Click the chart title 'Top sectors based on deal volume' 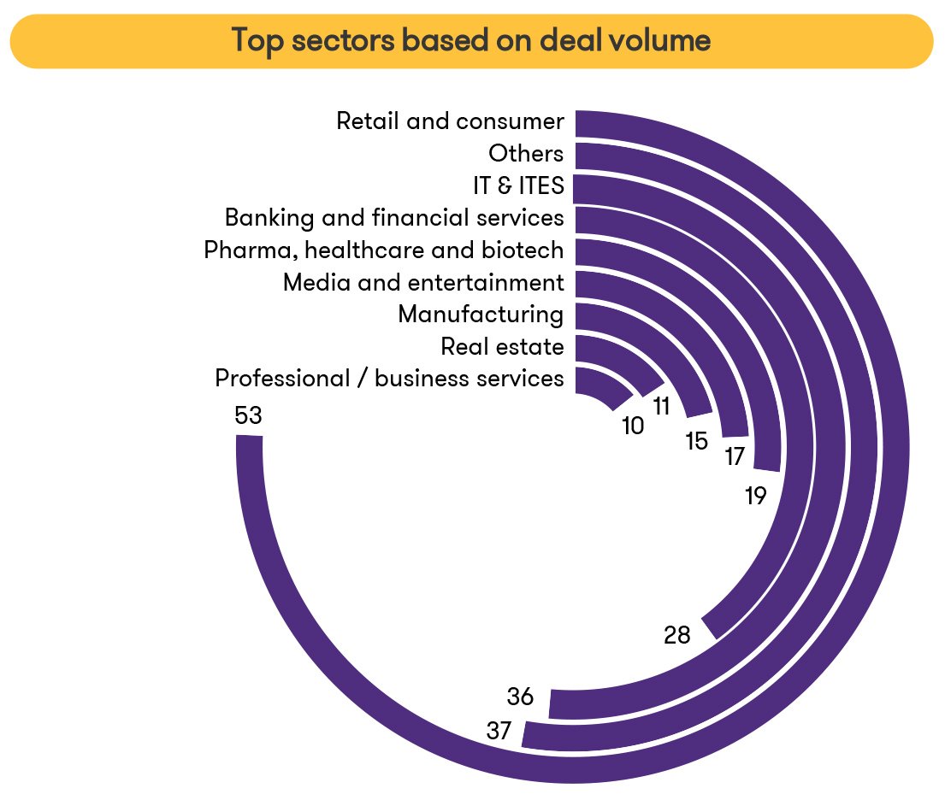pos(471,41)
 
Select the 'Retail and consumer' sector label pos(450,121)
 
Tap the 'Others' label pos(526,154)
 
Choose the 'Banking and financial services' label pos(394,218)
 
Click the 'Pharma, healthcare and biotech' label pos(384,250)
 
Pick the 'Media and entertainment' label pos(423,282)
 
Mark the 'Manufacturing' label pos(481,315)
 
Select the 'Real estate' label pos(502,347)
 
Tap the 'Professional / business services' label pos(389,379)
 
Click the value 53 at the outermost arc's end pos(247,416)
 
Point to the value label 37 pos(499,732)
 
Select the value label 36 pos(520,697)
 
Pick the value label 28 pos(677,635)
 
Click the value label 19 pos(755,497)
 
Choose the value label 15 pos(697,442)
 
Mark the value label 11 pos(661,407)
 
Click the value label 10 pos(633,426)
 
